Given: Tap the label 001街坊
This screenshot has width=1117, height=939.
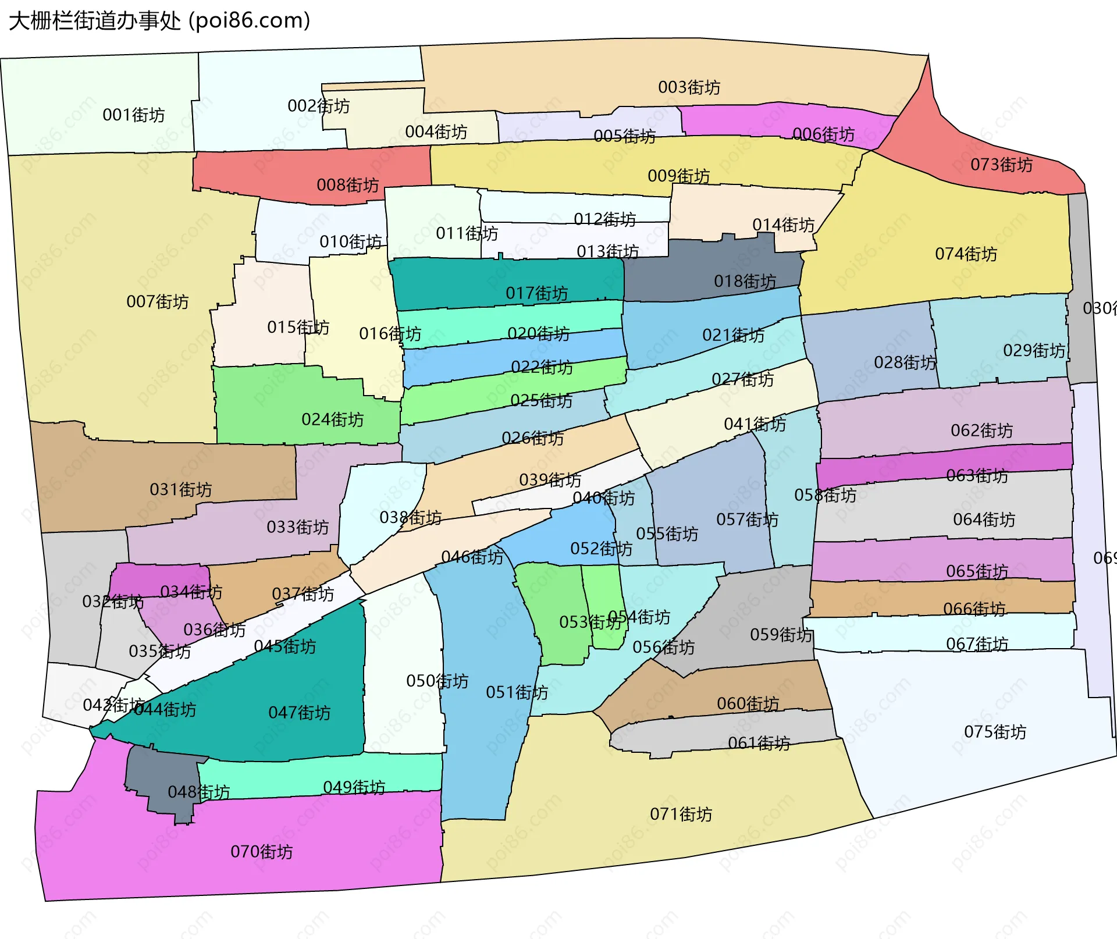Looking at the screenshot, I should tap(133, 115).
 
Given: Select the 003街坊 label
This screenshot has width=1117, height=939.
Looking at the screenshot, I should tap(689, 87).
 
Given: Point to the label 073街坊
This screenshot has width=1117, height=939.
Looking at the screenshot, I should tap(1001, 165).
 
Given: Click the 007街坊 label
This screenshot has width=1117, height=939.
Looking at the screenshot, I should tap(157, 301).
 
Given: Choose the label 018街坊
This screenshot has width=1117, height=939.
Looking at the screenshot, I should tap(745, 282).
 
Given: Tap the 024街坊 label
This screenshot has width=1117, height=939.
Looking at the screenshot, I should tap(332, 419).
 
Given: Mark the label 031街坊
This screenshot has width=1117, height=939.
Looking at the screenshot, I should tap(180, 489).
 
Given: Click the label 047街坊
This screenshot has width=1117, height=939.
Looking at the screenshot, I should tap(299, 713).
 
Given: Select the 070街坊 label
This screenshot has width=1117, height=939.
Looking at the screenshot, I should tap(261, 852).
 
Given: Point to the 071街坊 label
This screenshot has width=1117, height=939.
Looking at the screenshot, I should tap(681, 814).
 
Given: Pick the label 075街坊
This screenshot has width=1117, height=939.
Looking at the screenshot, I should tap(995, 731).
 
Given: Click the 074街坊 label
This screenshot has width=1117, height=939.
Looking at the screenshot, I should tap(966, 254).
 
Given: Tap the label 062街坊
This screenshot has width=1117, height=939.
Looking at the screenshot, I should tap(981, 431).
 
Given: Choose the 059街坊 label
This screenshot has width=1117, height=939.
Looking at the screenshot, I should tap(781, 634).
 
